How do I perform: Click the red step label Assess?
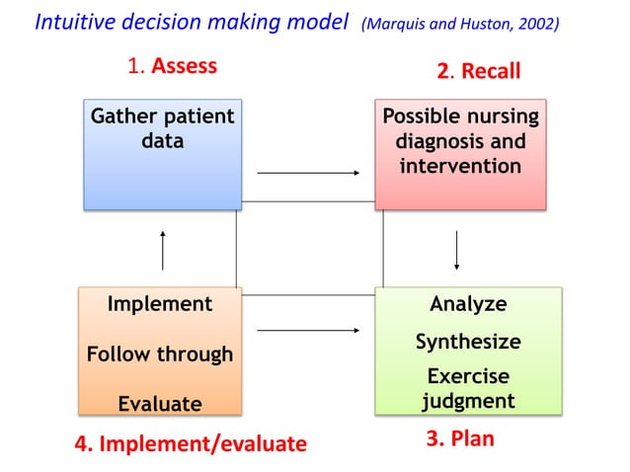point(184,66)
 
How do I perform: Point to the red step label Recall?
point(491,71)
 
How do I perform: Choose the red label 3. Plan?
point(459,438)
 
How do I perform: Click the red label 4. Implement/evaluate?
point(191,443)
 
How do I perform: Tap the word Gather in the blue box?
point(124,117)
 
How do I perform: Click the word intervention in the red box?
point(460,165)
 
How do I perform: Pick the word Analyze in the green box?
point(468,304)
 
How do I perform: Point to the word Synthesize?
point(468,342)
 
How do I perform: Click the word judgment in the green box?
point(468,400)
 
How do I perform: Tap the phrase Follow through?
point(160,354)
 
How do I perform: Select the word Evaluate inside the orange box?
point(160,403)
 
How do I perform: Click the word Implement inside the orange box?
point(160,304)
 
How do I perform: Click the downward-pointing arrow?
point(456,251)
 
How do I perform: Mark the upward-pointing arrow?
point(164,251)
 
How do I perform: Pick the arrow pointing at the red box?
point(308,173)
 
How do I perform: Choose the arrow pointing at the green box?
point(308,331)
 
